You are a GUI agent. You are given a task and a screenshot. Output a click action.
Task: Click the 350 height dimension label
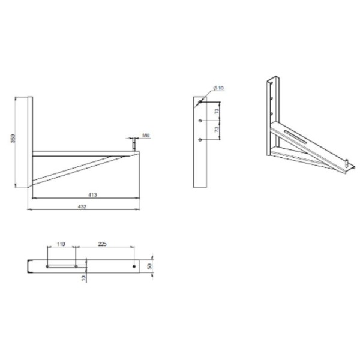[x=13, y=139]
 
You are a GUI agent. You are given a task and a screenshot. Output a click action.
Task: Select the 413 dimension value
[x=92, y=195]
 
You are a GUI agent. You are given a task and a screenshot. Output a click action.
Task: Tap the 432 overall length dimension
[x=82, y=206]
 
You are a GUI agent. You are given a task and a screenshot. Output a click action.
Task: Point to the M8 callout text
[x=146, y=136]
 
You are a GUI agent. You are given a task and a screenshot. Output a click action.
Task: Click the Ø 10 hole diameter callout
[x=218, y=88]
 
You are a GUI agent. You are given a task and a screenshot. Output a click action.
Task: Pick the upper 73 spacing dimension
[x=217, y=111]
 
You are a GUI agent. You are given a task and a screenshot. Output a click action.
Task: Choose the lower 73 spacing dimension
[x=217, y=129]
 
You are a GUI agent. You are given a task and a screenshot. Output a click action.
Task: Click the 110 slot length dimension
[x=61, y=244]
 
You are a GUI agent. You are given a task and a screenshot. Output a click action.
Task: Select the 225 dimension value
[x=102, y=244]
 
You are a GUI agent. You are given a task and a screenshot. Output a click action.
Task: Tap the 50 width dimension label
[x=149, y=266]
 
